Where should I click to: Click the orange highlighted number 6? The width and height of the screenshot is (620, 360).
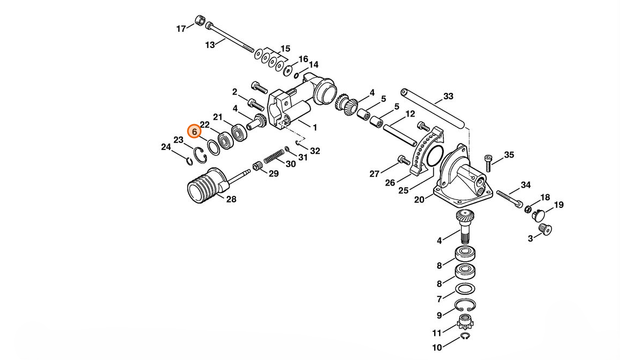pos(194,132)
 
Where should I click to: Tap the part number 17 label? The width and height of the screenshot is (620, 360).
pos(181,29)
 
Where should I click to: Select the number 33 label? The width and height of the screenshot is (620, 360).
pos(448,96)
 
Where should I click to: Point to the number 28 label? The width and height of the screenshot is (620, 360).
pos(231,199)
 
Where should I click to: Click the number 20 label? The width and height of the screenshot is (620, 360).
pos(419,200)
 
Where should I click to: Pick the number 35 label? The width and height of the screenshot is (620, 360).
pos(509,155)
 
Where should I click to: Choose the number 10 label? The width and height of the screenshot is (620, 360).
pos(437,348)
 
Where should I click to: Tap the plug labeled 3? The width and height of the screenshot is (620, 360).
pos(545,229)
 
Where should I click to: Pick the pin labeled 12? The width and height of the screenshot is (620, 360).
pos(399,135)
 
